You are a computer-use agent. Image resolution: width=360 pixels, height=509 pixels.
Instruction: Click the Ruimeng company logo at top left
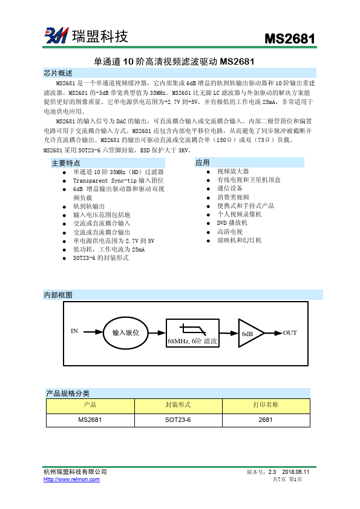tap(55, 36)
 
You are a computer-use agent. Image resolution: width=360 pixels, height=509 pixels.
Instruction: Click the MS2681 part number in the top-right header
tap(290, 39)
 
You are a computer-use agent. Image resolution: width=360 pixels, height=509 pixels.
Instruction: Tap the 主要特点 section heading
tap(66, 163)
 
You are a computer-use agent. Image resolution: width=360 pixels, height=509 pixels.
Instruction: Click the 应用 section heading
tap(203, 163)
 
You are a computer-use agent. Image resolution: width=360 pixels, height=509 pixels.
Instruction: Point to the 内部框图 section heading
tap(58, 295)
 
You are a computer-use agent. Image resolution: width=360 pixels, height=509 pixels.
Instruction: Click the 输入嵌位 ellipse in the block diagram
tap(125, 332)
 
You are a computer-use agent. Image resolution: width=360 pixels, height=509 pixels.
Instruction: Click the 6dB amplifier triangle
tap(249, 334)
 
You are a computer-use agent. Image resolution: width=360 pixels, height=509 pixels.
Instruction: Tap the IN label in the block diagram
tap(74, 331)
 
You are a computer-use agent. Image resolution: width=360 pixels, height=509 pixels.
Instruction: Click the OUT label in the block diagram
tap(290, 333)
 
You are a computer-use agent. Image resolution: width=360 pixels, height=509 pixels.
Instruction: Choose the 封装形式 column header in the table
tap(178, 405)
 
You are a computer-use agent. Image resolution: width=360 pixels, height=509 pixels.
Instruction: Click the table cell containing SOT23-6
tap(178, 420)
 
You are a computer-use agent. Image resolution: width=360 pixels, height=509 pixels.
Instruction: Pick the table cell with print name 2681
tap(266, 420)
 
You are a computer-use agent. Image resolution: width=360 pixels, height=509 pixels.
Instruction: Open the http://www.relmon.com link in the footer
tap(71, 479)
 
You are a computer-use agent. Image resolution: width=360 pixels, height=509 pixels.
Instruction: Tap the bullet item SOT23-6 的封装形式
tap(100, 258)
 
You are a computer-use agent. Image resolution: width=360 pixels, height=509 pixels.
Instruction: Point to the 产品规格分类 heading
tap(68, 394)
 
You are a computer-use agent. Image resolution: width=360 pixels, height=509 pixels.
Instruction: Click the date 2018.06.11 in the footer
tap(296, 472)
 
